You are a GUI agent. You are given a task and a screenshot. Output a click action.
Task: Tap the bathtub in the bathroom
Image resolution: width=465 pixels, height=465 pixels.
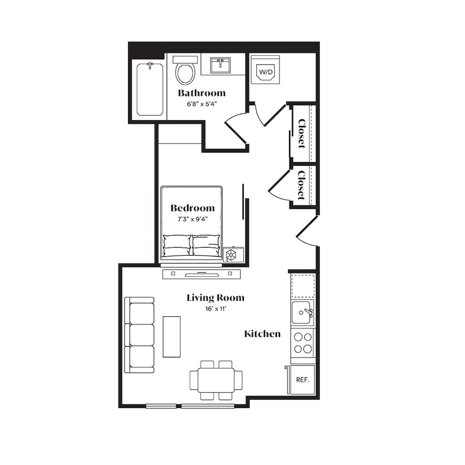click(x=150, y=89)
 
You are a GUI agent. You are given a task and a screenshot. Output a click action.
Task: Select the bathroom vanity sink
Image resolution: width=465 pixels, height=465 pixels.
click(x=220, y=65)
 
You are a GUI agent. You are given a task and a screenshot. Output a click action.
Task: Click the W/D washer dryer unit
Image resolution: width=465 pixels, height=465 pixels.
click(x=265, y=70)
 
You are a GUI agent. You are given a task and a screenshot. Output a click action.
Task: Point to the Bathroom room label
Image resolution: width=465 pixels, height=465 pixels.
click(x=201, y=93)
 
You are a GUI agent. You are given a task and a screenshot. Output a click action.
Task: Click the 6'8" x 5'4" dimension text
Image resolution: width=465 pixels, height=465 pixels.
click(x=202, y=104)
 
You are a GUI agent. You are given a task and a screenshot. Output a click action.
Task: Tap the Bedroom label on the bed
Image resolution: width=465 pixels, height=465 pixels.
click(x=192, y=208)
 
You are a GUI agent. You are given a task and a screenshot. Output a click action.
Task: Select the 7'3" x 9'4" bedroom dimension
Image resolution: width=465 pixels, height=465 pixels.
click(x=192, y=219)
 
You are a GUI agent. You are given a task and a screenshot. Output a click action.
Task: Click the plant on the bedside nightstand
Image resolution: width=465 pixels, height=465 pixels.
click(x=231, y=255)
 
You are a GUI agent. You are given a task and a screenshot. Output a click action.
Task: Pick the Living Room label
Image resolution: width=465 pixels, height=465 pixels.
click(x=216, y=298)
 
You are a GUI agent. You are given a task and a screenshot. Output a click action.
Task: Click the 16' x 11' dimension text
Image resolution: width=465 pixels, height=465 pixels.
click(x=216, y=309)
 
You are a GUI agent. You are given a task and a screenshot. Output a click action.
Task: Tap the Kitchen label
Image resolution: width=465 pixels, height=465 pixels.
click(x=263, y=334)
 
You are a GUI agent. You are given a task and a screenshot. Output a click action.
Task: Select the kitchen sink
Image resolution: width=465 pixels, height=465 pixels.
click(x=302, y=312)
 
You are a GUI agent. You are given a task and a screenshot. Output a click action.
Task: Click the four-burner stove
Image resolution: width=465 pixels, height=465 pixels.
click(x=303, y=343)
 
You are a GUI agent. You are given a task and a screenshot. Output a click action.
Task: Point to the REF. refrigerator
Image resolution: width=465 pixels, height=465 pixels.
click(x=302, y=380)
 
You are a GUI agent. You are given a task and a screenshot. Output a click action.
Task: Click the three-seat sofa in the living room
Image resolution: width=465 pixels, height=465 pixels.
click(x=139, y=335)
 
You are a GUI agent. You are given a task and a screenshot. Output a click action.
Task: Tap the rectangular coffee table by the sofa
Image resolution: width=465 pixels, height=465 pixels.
click(x=171, y=337)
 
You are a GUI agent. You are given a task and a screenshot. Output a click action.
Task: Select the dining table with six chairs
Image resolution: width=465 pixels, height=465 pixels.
click(x=216, y=380)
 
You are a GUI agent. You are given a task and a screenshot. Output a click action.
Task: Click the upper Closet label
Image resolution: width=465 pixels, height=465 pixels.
click(x=302, y=134)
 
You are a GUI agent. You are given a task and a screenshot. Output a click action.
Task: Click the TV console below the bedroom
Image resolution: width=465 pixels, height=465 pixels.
click(x=201, y=274)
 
